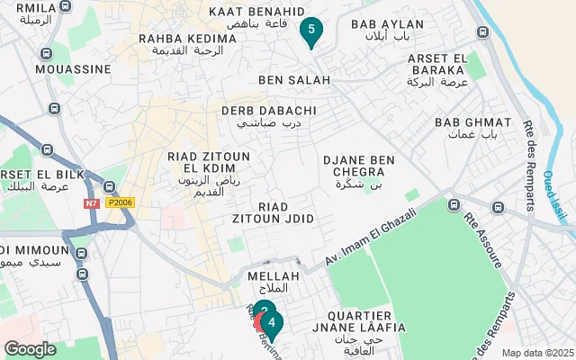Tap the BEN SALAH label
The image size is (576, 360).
click(x=294, y=80)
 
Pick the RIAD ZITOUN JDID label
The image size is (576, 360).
click(x=286, y=212)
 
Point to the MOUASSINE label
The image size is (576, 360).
click(x=68, y=68)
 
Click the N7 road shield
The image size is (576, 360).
click(x=92, y=203)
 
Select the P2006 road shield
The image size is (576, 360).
click(x=120, y=203)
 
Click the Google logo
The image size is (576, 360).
click(x=30, y=348)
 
